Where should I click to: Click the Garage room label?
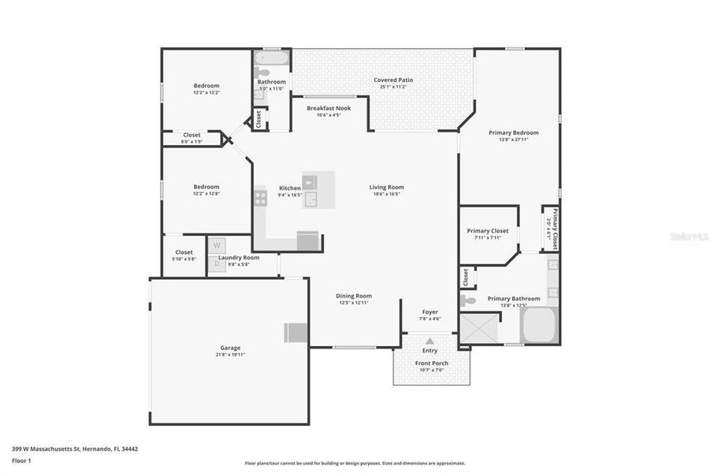click(x=230, y=348)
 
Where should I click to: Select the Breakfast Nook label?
click(x=329, y=108)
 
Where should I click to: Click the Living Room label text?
click(x=386, y=188)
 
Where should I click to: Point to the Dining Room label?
click(x=354, y=296)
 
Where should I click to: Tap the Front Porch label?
click(x=431, y=363)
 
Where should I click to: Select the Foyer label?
click(x=429, y=312)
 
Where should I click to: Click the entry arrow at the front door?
click(x=429, y=341)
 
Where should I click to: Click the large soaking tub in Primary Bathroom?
click(x=539, y=326)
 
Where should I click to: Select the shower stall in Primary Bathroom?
click(x=479, y=328)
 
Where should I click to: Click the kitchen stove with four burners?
click(x=260, y=197)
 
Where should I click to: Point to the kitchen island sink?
click(x=310, y=198)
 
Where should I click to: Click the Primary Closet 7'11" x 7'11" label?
click(x=488, y=231)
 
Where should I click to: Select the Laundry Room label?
click(x=238, y=258)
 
